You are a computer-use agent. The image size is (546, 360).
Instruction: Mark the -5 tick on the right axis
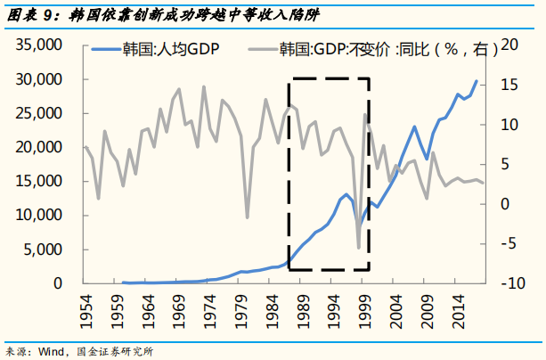tap(511, 244)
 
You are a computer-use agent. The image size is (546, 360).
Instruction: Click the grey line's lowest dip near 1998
tap(359, 248)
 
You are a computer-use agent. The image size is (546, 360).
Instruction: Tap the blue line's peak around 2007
tap(414, 127)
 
